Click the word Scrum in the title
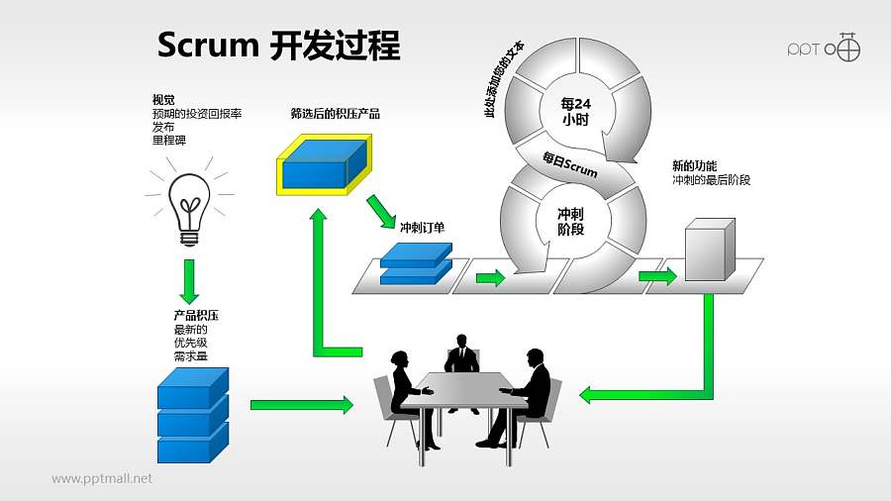[209, 47]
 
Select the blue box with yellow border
[322, 164]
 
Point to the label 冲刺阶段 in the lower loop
[570, 221]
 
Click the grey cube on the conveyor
[710, 252]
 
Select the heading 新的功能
[694, 165]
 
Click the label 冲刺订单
[422, 228]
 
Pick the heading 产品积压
[196, 315]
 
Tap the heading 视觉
[163, 99]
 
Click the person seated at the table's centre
[461, 356]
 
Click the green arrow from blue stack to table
[301, 404]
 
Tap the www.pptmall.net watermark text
[102, 478]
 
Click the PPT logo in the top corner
[823, 48]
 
